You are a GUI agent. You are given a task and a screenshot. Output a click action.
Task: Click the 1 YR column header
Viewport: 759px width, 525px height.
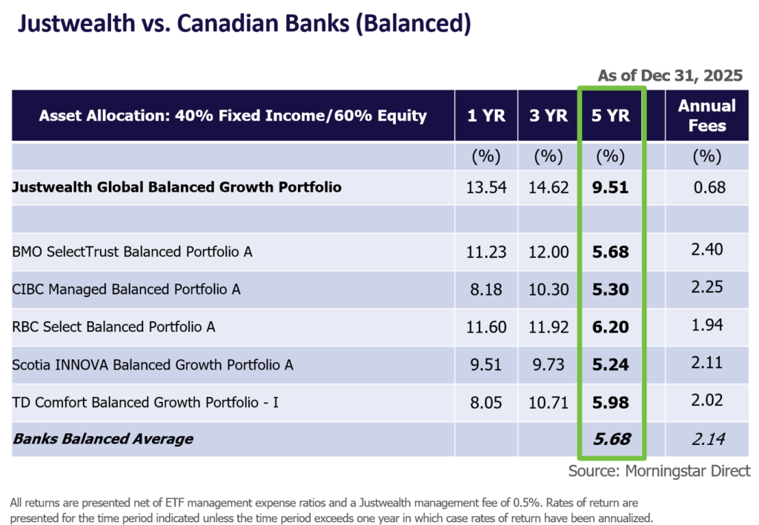click(486, 116)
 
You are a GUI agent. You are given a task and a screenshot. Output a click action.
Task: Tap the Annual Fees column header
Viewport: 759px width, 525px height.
click(706, 116)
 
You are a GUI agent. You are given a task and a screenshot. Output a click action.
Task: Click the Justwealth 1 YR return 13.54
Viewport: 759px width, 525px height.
click(486, 187)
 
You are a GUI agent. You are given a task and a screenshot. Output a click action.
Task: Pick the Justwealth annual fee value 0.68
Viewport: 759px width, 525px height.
click(707, 187)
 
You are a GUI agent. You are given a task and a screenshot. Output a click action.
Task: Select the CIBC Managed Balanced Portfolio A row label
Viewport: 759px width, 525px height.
click(126, 290)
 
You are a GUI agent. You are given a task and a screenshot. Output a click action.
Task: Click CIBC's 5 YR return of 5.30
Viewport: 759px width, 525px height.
click(611, 290)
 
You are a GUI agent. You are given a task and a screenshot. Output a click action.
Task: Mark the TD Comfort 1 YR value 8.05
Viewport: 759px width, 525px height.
click(486, 403)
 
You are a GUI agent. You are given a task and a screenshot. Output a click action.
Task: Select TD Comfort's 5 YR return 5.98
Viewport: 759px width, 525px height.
click(611, 403)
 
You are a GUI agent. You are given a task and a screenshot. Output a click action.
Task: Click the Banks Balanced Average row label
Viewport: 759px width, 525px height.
click(103, 439)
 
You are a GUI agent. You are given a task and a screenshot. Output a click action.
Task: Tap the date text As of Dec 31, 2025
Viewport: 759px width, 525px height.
click(669, 76)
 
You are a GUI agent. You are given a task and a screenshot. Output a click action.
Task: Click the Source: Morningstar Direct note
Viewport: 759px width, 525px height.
click(659, 471)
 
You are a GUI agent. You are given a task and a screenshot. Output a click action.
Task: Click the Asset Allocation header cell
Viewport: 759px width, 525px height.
click(233, 116)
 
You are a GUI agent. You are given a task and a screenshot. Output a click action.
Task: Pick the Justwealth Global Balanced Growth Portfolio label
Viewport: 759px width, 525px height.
click(177, 187)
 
